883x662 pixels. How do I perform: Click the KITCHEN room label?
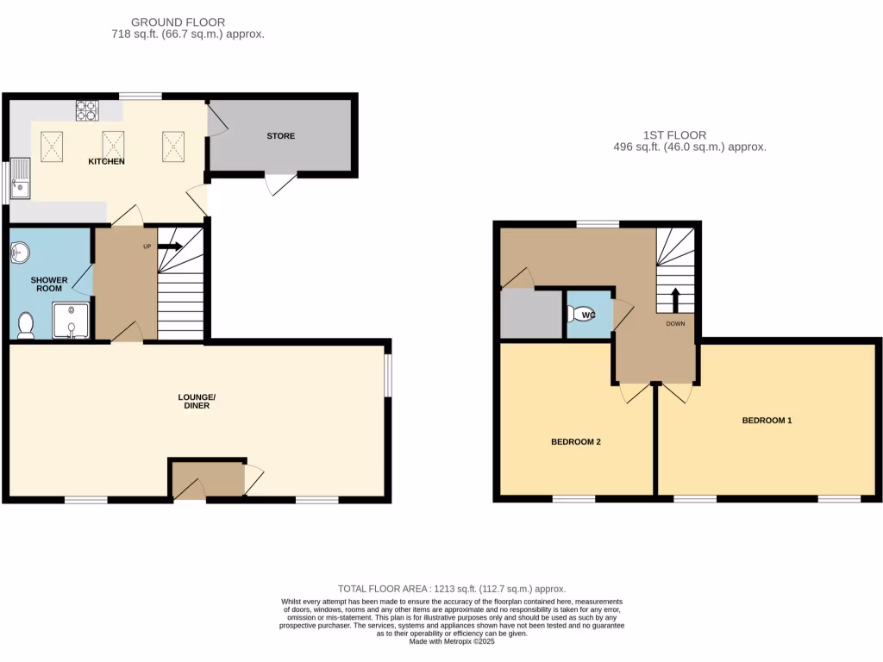(108, 161)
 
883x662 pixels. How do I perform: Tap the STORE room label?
(280, 136)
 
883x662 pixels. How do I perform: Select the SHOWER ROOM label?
(49, 284)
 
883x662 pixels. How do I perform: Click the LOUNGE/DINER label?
(197, 401)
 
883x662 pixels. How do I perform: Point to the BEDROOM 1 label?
(767, 421)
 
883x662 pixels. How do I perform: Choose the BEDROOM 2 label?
(575, 441)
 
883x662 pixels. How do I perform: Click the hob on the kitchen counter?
(87, 109)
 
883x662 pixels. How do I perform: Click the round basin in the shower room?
(22, 253)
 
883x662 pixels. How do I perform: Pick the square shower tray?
(70, 320)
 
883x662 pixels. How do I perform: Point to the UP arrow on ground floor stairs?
(170, 247)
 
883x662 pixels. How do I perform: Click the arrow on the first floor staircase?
(675, 300)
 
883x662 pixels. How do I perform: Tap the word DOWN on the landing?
(675, 325)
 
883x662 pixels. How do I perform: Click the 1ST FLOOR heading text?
(674, 135)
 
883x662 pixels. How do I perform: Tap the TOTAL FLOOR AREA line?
(453, 589)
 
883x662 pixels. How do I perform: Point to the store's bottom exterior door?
(279, 184)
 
